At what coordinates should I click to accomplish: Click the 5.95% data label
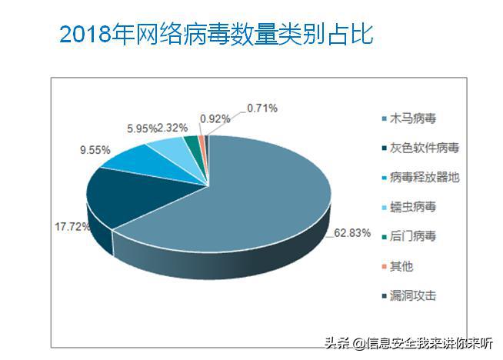point(142,128)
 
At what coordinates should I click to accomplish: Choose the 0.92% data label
point(215,118)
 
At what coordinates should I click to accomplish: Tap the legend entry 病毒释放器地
point(422,178)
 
